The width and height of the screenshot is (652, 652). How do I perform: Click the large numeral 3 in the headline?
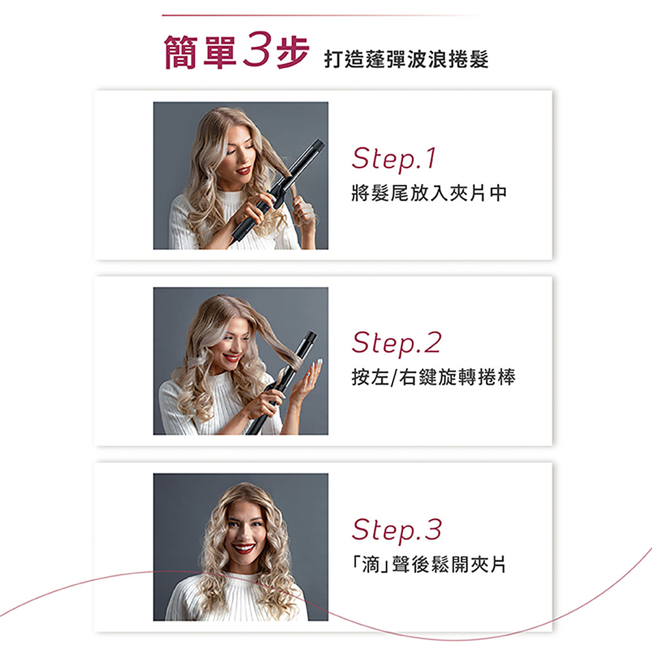(257, 50)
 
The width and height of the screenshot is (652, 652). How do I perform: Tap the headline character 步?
(293, 52)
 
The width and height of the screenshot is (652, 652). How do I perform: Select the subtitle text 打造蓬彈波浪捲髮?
(406, 59)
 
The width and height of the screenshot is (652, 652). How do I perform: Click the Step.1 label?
(394, 159)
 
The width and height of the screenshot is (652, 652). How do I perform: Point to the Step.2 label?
(396, 344)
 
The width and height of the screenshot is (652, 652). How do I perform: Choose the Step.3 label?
(396, 530)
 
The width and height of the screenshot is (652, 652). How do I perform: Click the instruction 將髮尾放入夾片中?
(429, 194)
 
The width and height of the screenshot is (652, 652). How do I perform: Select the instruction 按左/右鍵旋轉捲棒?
(434, 378)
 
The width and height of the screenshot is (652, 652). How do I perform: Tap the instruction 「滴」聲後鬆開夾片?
(429, 564)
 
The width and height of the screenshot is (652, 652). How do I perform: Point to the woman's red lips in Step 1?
(243, 170)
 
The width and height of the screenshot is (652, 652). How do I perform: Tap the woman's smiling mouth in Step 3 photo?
(244, 549)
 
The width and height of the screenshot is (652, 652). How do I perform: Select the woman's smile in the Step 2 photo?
(231, 357)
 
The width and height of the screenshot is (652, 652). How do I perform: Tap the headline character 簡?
(181, 52)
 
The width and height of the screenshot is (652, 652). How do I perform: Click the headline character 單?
(220, 52)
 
